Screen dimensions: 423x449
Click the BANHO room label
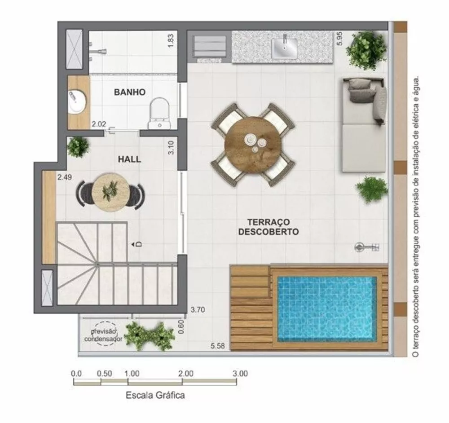point(129,92)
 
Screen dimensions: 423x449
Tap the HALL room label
point(129,159)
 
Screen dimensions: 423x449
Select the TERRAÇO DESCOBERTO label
point(269,227)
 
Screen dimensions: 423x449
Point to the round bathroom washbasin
point(77,101)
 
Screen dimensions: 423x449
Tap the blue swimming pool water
point(327,308)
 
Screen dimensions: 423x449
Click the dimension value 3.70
point(198,309)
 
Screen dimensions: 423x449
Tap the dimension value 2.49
point(65,177)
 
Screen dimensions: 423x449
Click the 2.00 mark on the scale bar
point(185,373)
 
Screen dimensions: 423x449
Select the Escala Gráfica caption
point(155,396)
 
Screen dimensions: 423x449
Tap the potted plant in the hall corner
point(79,146)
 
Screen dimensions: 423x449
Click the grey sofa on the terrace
point(363,124)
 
